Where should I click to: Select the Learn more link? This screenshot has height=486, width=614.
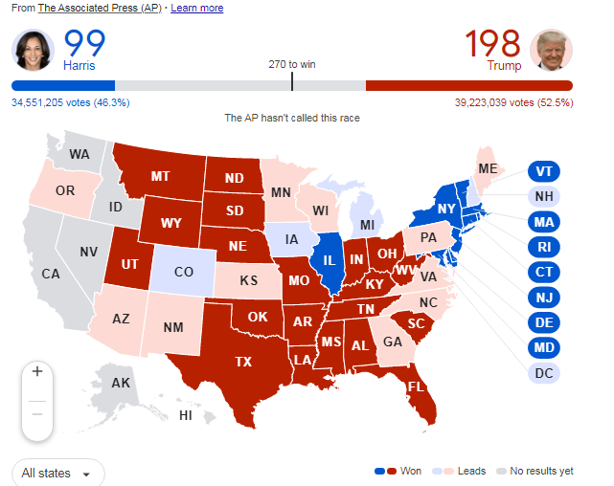196,8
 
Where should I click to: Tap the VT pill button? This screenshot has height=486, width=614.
544,171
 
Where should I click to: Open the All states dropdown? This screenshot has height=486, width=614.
57,473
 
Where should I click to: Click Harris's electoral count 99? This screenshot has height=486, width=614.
84,43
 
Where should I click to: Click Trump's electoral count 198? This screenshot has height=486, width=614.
492,43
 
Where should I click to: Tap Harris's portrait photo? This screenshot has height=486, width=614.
33,50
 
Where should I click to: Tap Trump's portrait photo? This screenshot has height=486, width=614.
553,50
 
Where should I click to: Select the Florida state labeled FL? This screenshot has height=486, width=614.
416,387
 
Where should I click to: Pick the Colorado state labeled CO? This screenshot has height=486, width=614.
185,272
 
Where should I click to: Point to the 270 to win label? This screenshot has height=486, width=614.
292,64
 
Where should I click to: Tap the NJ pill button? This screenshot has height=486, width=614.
544,296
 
